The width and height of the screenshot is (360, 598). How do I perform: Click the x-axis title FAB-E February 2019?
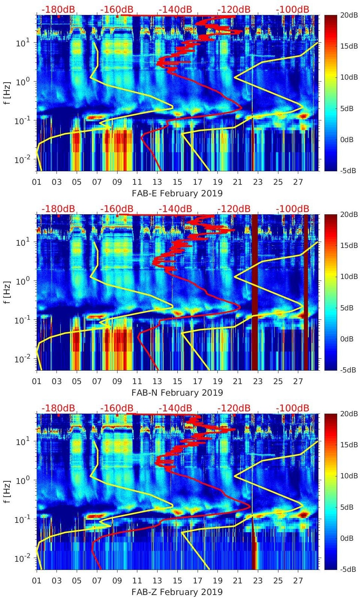click(x=177, y=193)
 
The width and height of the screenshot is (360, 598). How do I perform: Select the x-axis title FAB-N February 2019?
click(x=177, y=393)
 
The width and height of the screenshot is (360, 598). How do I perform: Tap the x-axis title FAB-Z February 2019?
click(x=177, y=592)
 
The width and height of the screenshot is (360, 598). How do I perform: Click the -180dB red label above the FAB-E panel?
click(x=58, y=9)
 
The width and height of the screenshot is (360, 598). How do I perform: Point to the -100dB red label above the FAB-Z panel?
click(x=293, y=408)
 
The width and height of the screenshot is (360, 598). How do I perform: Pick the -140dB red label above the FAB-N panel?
click(x=175, y=208)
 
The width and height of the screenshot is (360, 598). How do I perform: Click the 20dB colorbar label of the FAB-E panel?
click(x=347, y=15)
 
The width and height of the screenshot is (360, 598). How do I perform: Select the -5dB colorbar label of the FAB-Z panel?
click(x=347, y=569)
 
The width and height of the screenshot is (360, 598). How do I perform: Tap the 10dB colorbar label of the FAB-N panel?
click(x=347, y=276)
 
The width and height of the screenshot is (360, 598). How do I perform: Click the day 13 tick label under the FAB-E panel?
click(x=157, y=182)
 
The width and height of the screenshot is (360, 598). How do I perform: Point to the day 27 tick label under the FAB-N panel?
click(x=298, y=381)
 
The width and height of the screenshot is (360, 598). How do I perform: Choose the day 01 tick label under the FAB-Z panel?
click(x=37, y=581)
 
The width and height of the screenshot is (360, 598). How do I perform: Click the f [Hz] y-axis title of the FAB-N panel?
click(x=7, y=292)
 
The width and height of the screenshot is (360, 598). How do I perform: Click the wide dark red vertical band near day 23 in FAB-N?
click(x=255, y=292)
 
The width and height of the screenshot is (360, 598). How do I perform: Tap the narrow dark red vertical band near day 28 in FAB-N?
click(x=306, y=292)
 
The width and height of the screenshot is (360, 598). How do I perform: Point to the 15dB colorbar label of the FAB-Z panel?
click(x=347, y=445)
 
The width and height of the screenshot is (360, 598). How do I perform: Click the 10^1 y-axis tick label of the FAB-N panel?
click(x=21, y=242)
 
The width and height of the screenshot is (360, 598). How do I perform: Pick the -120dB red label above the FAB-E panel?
click(x=234, y=9)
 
